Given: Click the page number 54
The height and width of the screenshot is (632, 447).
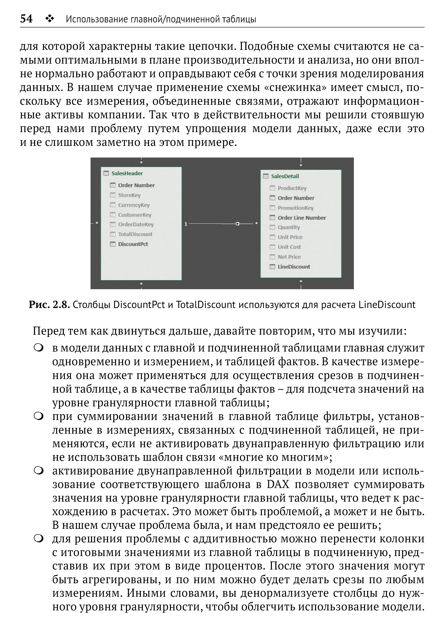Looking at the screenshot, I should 26,19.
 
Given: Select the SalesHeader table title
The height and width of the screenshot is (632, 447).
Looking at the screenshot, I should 127,173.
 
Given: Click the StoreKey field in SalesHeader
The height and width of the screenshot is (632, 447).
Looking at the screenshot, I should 129,195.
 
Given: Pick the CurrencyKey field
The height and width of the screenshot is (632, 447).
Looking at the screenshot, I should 134,205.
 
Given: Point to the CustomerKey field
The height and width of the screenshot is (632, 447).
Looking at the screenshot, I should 135,215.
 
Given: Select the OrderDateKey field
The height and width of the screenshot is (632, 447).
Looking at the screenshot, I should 136,225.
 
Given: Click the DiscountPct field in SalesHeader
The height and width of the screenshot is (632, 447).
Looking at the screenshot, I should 133,244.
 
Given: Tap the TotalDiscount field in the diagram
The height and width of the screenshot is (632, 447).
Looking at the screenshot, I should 135,234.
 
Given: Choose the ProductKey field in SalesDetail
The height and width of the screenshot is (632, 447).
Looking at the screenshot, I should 292,188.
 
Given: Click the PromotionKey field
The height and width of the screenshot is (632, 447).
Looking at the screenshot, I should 296,208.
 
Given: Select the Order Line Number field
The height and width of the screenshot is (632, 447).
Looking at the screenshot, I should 302,218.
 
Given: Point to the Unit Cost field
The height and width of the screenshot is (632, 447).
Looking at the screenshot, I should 289,247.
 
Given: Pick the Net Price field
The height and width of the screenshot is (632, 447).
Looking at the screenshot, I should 289,257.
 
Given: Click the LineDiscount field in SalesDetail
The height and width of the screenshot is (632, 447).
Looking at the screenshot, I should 294,267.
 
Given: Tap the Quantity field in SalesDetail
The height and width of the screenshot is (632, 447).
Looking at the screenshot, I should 289,227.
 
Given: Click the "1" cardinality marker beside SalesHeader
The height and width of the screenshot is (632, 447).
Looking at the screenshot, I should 186,224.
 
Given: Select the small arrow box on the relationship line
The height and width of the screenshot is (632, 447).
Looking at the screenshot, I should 237,224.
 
